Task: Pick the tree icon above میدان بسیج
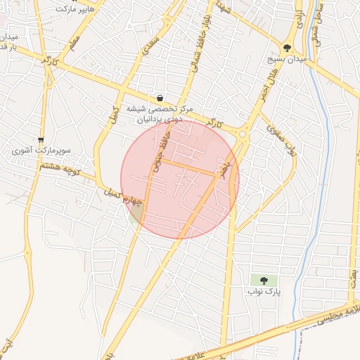[287, 48]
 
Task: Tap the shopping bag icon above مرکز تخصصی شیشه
[161, 98]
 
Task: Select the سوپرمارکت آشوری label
[42, 151]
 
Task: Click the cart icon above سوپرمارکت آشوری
[41, 139]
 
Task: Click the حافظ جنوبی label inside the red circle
[159, 154]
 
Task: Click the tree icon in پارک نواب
[264, 281]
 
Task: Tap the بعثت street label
[351, 266]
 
